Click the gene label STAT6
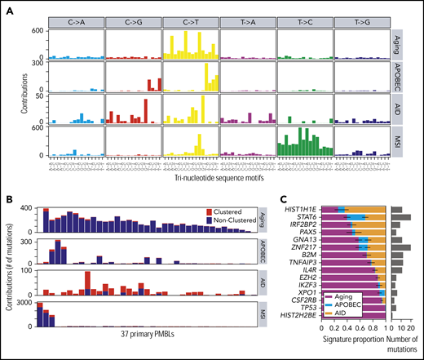click(311, 217)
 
